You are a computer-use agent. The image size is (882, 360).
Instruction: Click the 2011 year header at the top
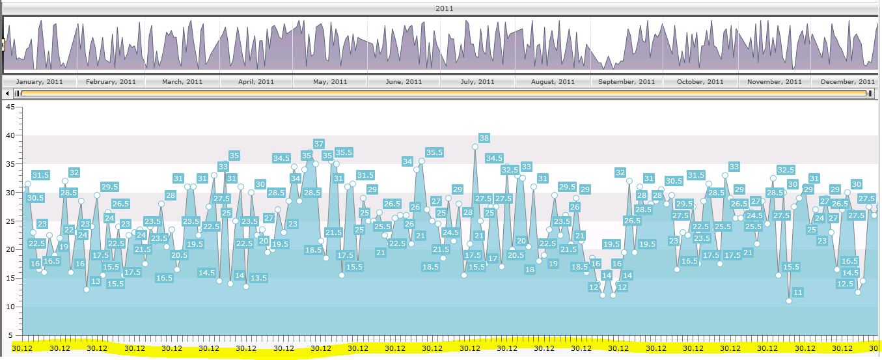[x=445, y=8]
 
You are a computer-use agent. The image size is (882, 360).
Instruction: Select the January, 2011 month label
[x=40, y=82]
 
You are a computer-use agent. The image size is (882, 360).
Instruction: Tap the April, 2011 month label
[x=256, y=82]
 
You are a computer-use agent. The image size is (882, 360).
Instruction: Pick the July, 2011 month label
[x=478, y=82]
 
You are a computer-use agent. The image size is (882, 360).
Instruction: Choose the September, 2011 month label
[x=627, y=82]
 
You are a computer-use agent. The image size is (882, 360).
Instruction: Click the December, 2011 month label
[x=848, y=82]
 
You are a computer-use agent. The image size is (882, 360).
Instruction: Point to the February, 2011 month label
[x=111, y=82]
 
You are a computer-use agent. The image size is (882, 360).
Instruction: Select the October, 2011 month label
[x=700, y=82]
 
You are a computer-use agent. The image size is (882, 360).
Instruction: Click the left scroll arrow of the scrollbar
[x=8, y=93]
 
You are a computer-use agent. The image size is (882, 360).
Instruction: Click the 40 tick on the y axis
[x=9, y=135]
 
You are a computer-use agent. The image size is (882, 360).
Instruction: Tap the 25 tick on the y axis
[x=9, y=221]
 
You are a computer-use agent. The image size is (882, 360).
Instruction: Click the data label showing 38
[x=484, y=138]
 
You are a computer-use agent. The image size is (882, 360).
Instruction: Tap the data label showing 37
[x=319, y=144]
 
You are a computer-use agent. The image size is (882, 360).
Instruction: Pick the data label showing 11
[x=798, y=292]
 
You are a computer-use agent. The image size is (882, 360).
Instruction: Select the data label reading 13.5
[x=258, y=278]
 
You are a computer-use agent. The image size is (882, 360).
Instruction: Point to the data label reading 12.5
[x=845, y=284]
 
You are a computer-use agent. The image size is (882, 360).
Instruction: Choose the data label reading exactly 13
[x=96, y=282]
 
